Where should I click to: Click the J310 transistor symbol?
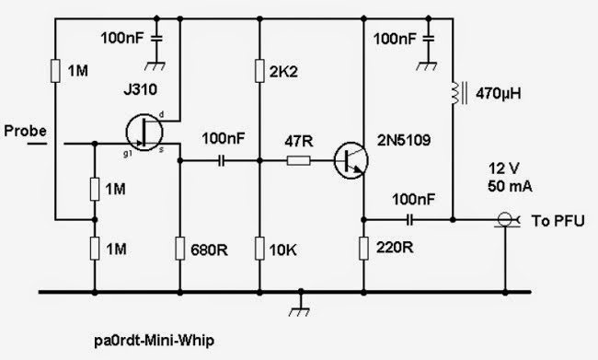[x=144, y=133]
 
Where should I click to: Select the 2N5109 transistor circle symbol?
[x=351, y=160]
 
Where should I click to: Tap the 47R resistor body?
[x=299, y=161]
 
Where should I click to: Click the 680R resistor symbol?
[x=180, y=249]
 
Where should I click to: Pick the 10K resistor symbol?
[x=259, y=249]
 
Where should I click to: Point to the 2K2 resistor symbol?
[x=259, y=71]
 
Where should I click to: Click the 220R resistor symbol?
[x=363, y=249]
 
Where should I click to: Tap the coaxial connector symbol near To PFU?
[x=507, y=220]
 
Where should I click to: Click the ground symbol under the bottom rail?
[x=301, y=306]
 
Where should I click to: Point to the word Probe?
[x=25, y=131]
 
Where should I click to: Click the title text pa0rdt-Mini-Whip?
[x=154, y=340]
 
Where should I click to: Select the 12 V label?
[x=504, y=168]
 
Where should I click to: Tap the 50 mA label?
[x=510, y=186]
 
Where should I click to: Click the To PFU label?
[x=558, y=221]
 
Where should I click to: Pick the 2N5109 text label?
[x=404, y=141]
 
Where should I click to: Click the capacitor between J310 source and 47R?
[x=222, y=161]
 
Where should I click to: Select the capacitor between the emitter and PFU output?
[x=409, y=220]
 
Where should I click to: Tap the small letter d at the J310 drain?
[x=161, y=114]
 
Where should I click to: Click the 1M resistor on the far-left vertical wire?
[x=55, y=71]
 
